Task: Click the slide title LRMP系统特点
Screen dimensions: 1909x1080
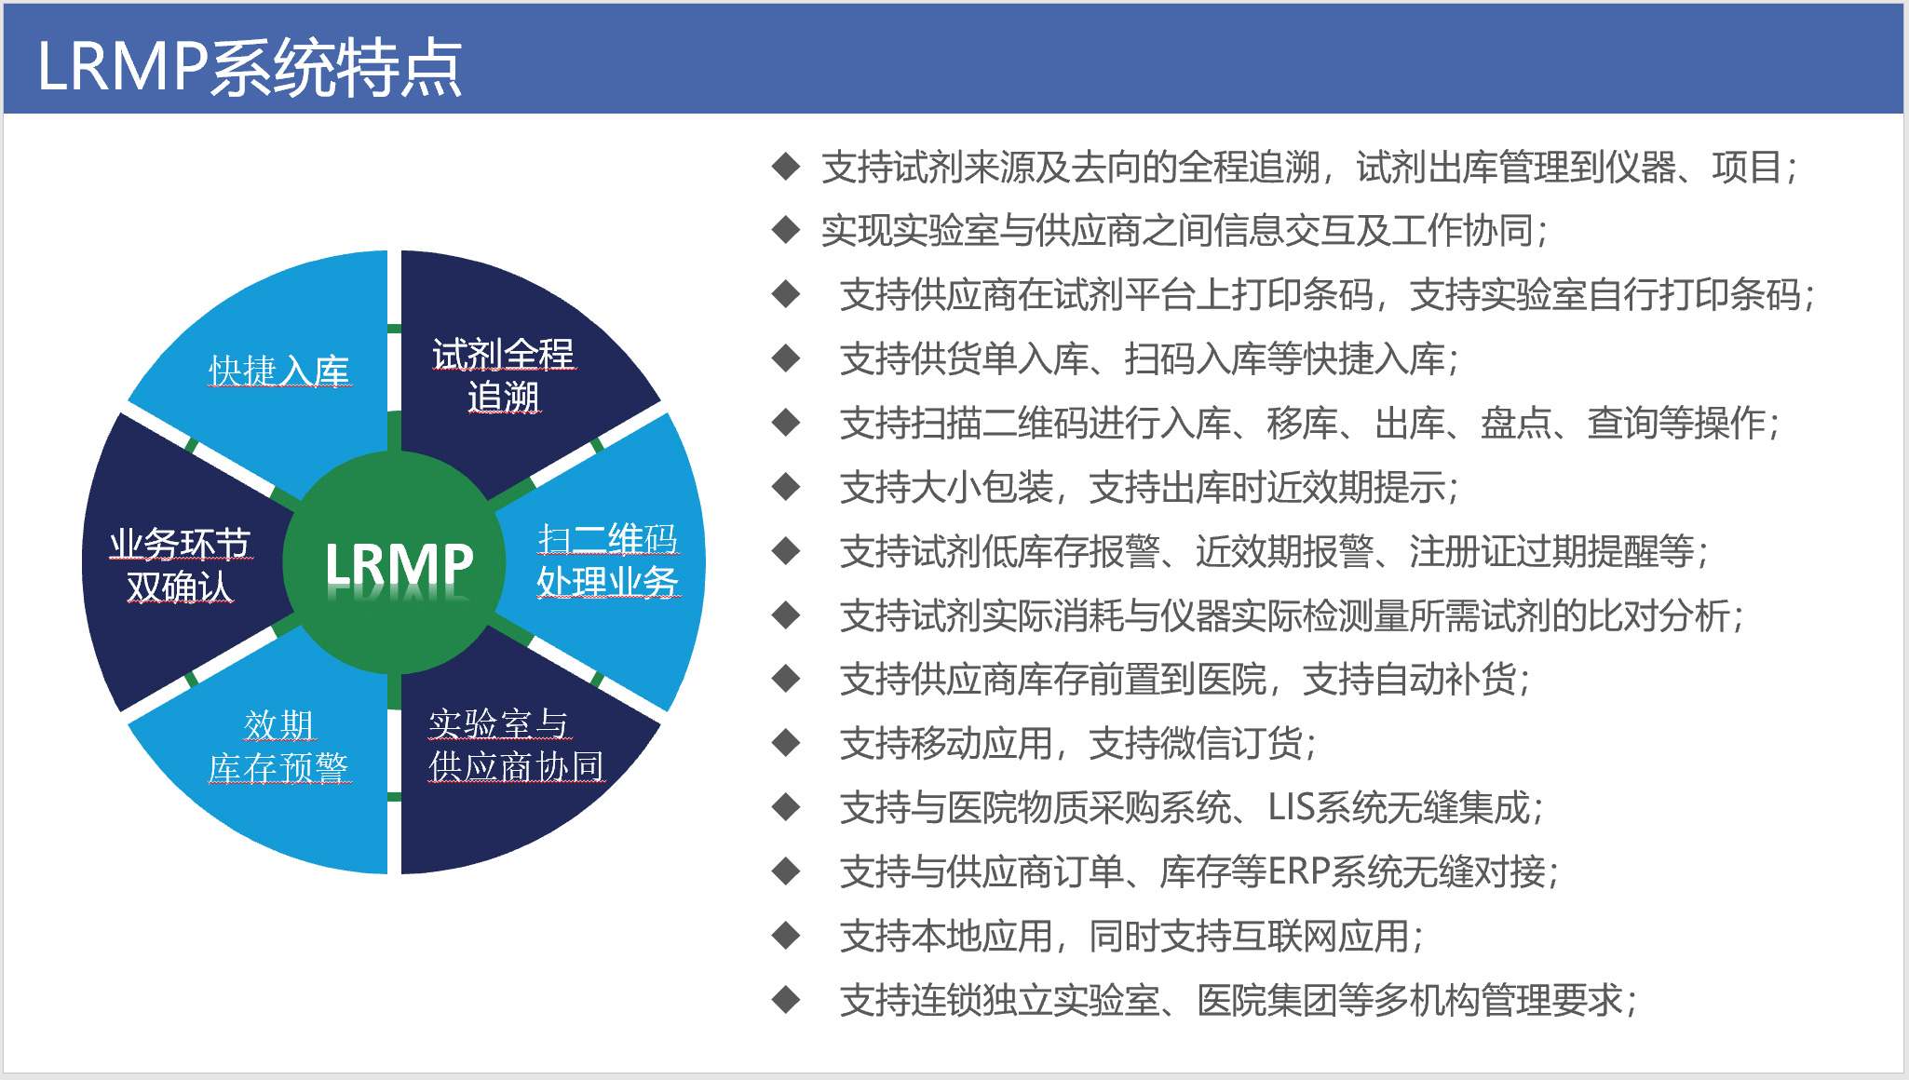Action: (x=250, y=67)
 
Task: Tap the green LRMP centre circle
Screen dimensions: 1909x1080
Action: (x=394, y=562)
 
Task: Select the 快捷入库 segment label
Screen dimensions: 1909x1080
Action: (x=278, y=371)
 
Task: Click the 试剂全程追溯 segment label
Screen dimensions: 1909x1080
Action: (x=503, y=375)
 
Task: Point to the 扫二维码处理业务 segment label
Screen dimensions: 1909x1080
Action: (x=608, y=560)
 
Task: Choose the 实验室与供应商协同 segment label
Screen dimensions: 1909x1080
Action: (x=516, y=746)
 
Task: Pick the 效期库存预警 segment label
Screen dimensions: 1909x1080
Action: (x=278, y=747)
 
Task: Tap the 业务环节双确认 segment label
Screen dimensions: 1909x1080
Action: (x=180, y=565)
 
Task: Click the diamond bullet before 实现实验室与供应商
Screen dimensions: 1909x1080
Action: (x=786, y=230)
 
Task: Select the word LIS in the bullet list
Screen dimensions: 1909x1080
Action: (x=1291, y=807)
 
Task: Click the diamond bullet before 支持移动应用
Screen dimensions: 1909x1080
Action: (x=786, y=743)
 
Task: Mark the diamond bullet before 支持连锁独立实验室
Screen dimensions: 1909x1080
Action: (x=786, y=1000)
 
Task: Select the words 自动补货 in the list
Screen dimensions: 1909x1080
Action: (x=1445, y=679)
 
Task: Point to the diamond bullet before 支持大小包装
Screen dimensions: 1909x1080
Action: (x=786, y=486)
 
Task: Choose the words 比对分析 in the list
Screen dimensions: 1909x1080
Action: (x=1659, y=614)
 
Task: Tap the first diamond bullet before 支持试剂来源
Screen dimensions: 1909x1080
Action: (x=786, y=166)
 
